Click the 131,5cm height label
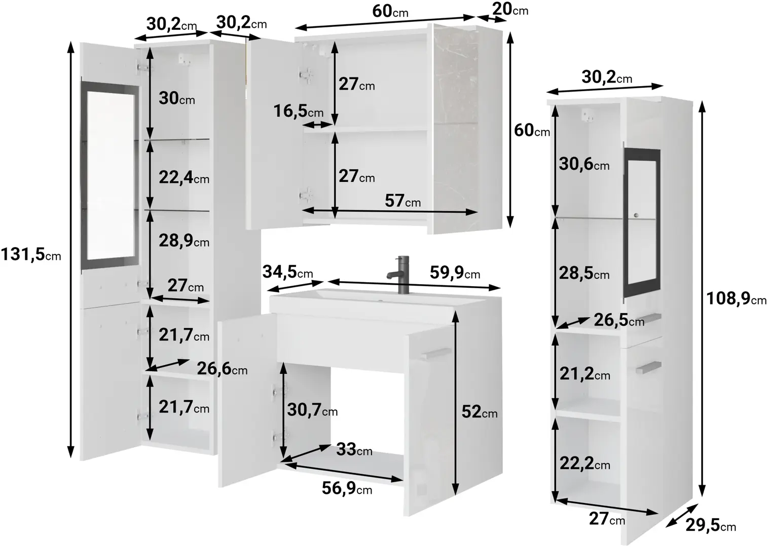[31, 255]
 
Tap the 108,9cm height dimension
[736, 299]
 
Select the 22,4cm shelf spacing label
[184, 178]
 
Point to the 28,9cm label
[184, 241]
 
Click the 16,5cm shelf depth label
[298, 111]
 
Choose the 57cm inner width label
[403, 201]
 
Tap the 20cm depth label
[510, 9]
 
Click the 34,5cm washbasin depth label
[287, 272]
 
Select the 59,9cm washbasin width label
[455, 272]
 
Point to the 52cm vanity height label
[480, 412]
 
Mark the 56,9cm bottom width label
[347, 488]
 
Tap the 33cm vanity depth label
[354, 449]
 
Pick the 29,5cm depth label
[711, 525]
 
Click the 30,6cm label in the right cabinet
[584, 164]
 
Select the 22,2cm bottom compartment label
[585, 463]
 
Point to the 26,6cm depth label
[222, 368]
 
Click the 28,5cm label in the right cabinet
[584, 273]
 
